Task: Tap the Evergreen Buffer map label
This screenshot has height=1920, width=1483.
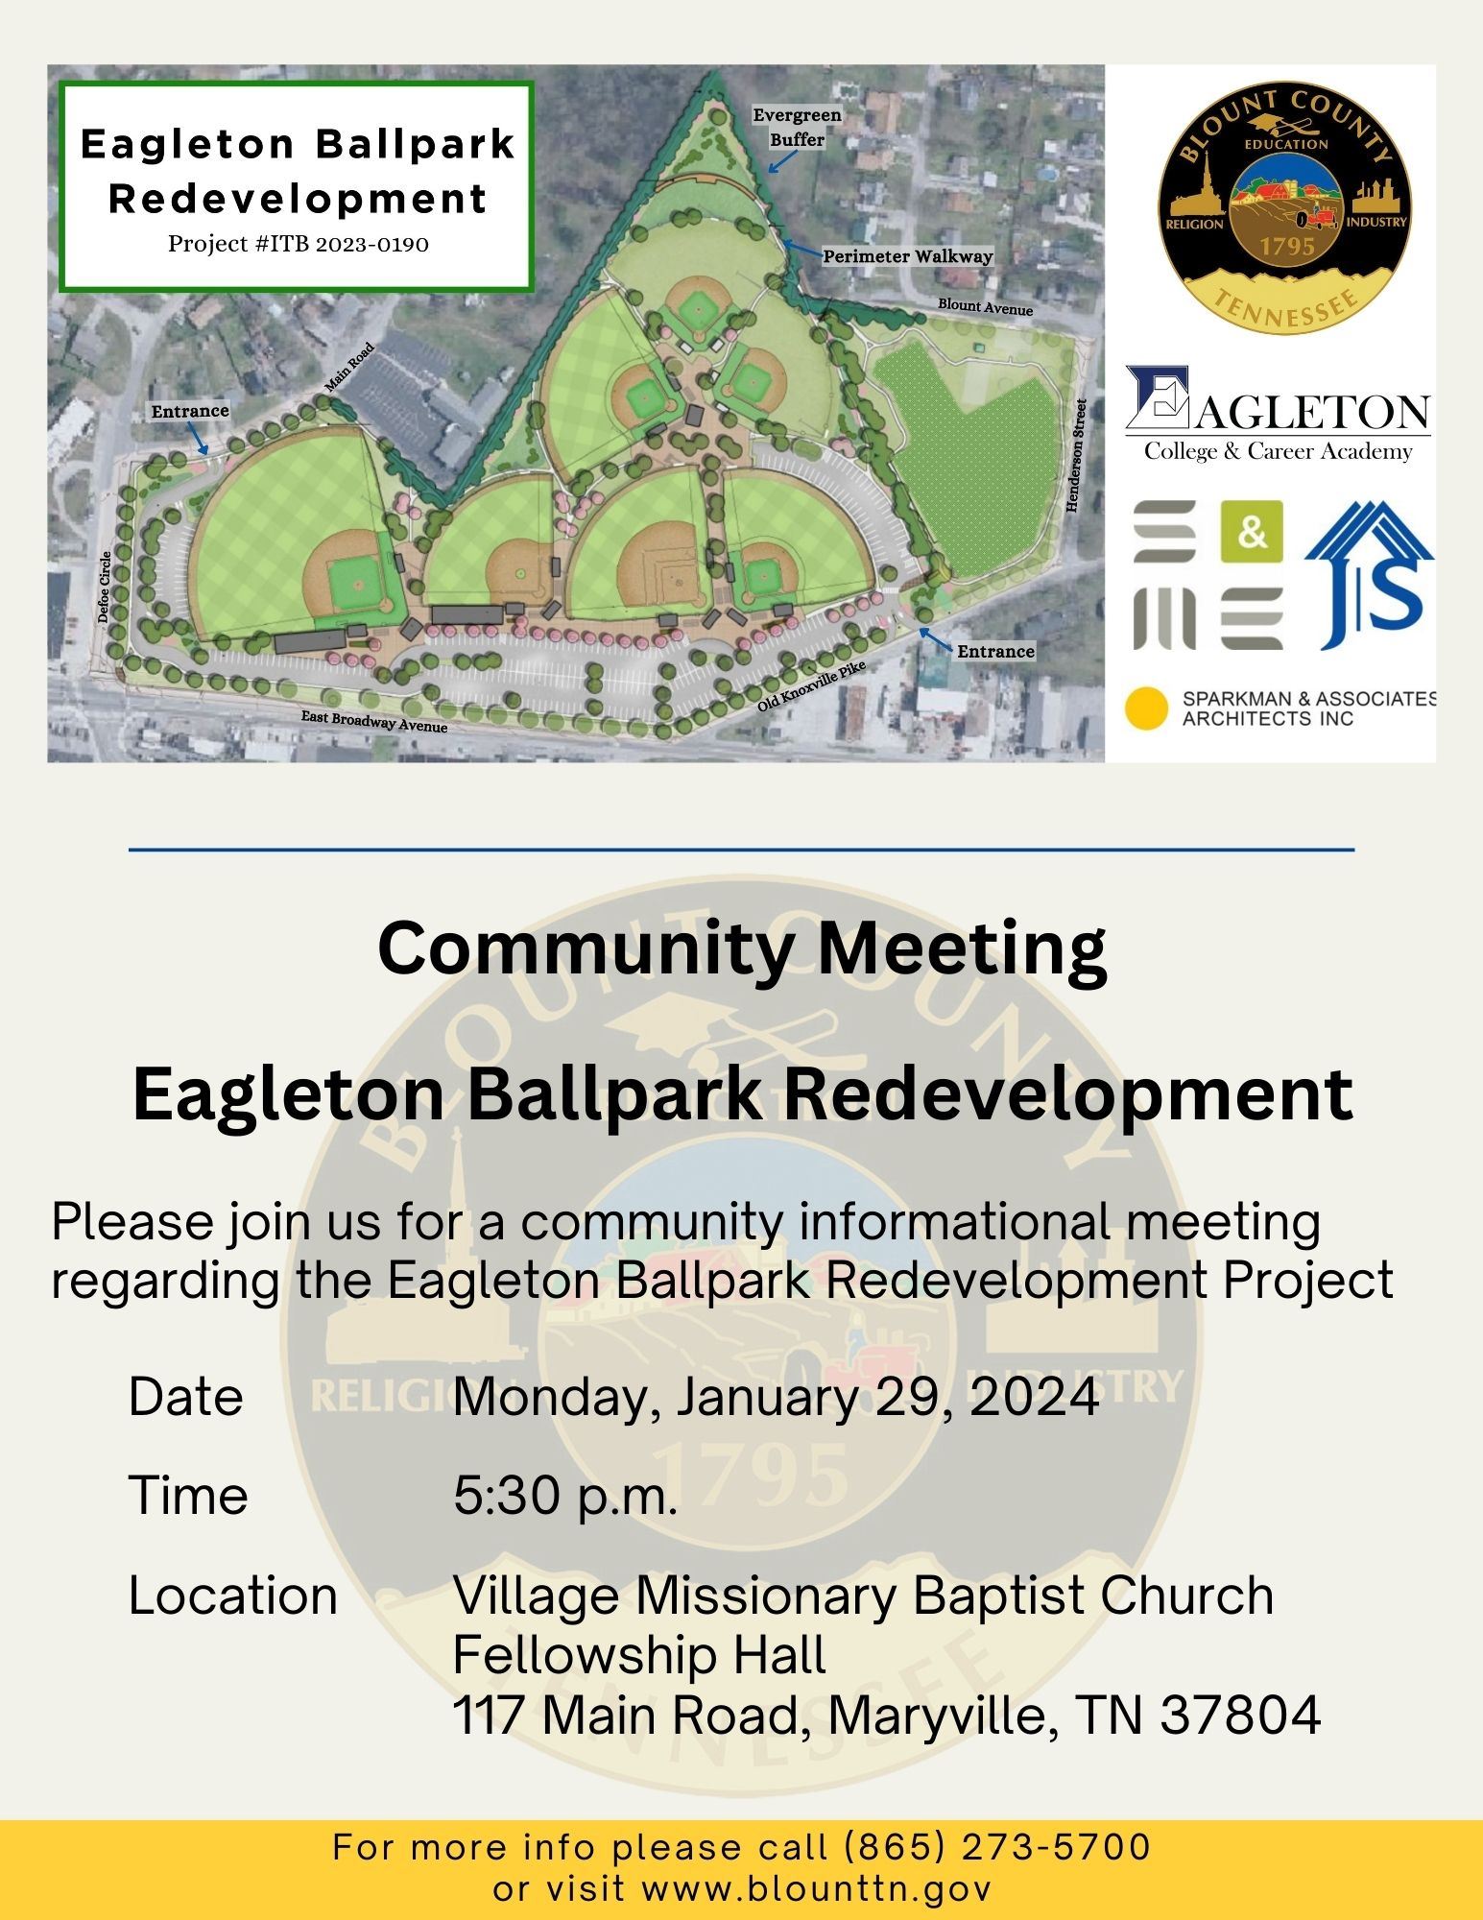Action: pos(797,127)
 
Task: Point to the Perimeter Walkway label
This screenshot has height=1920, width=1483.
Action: pos(907,256)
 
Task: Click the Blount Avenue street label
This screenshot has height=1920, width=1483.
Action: pos(985,307)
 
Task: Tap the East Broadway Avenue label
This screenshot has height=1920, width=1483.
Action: pos(374,721)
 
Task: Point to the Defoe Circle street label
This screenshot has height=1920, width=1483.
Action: pos(106,587)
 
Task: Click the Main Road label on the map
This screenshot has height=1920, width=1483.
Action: pos(348,368)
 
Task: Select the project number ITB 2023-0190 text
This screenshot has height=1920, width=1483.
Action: pos(299,244)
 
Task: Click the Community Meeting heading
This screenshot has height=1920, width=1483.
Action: pos(741,948)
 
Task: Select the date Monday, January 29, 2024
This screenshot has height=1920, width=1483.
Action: pos(776,1396)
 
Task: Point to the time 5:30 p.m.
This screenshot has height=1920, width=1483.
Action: pos(565,1495)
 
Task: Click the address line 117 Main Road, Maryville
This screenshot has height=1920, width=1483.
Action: pos(885,1716)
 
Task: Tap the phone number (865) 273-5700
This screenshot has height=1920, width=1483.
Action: pos(996,1847)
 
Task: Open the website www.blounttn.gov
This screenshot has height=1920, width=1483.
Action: pos(815,1889)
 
